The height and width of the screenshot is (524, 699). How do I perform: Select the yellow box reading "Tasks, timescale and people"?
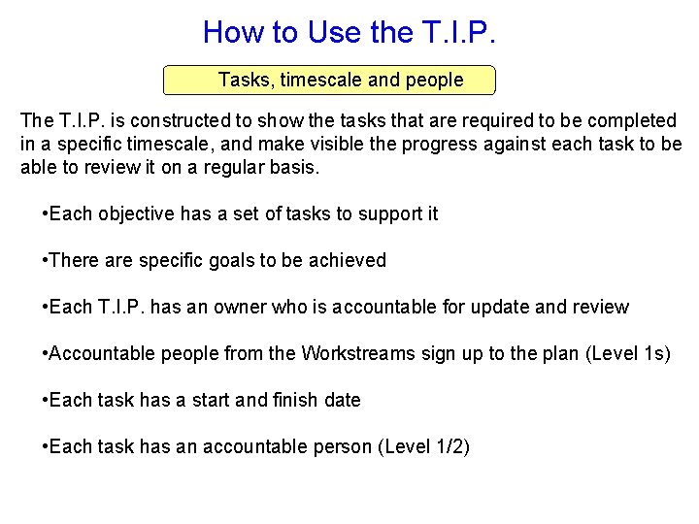[329, 80]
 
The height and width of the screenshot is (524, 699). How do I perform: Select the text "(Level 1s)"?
[628, 353]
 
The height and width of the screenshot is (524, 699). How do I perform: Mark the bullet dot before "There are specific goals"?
[46, 260]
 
